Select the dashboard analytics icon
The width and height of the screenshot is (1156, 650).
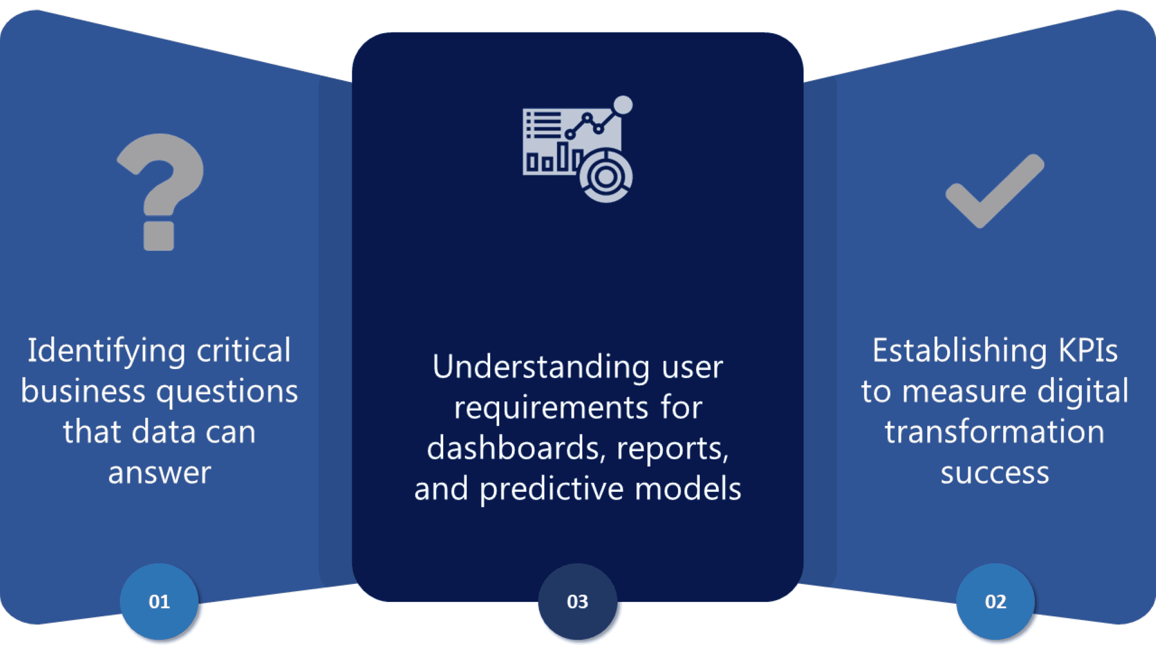[x=577, y=149]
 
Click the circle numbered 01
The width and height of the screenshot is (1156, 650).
[x=159, y=601]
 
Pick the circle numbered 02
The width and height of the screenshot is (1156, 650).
[x=995, y=601]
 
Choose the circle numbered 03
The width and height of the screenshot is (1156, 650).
[x=577, y=601]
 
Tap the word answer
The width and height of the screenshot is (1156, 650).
[x=160, y=473]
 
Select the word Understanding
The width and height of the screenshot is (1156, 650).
[x=541, y=367]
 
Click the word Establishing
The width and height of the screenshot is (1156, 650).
[x=959, y=351]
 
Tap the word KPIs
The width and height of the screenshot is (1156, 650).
[x=1087, y=351]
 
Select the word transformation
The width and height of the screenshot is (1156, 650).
[x=994, y=432]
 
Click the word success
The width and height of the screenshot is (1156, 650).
[x=995, y=473]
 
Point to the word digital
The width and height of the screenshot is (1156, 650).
[x=1082, y=392]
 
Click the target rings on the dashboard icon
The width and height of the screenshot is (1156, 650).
[x=606, y=176]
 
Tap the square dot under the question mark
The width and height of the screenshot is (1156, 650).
[x=159, y=237]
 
